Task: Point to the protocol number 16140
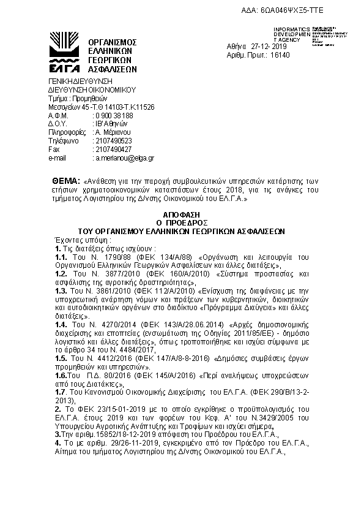click(x=280, y=55)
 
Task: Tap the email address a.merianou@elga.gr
click(x=124, y=158)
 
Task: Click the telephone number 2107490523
click(x=114, y=141)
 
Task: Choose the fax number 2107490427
click(x=114, y=150)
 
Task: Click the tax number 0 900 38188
click(x=114, y=115)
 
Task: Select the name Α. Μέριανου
click(x=113, y=132)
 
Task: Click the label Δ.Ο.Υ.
click(x=56, y=124)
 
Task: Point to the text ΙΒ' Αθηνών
click(x=110, y=124)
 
